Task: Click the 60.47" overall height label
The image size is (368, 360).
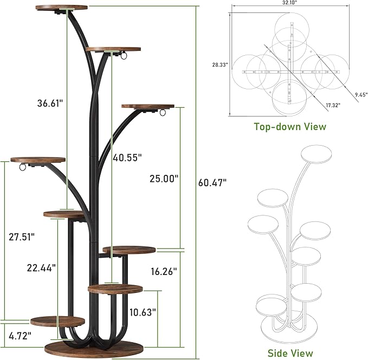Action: [212, 182]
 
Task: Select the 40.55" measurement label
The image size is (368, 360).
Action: [127, 158]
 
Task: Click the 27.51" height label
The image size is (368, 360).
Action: [22, 236]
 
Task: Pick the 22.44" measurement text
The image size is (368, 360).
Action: [42, 267]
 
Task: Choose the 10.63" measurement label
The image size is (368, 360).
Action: [143, 312]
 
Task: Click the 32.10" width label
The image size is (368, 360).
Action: [290, 2]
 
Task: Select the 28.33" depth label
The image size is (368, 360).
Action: [220, 64]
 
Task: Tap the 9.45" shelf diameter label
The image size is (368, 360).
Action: [354, 94]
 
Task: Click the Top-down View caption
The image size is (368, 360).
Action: [290, 127]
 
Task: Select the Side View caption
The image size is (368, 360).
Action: [290, 353]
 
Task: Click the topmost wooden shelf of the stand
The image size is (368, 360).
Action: [61, 8]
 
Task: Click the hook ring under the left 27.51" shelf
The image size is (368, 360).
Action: [22, 168]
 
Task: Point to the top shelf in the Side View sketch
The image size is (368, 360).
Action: [319, 153]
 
